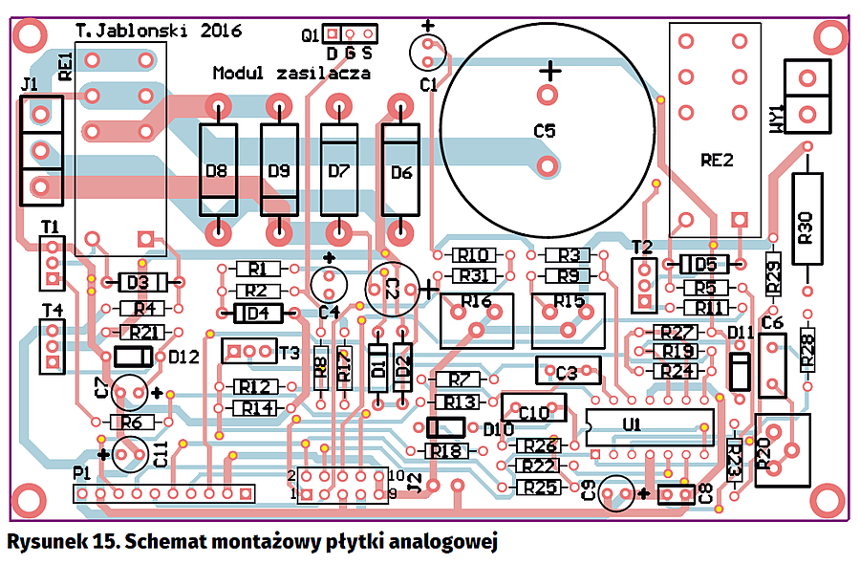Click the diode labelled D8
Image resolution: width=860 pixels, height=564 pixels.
(218, 172)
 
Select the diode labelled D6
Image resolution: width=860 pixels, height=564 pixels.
(401, 173)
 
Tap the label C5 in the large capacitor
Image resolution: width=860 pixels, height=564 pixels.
(544, 131)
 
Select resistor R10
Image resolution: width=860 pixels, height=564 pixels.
(473, 256)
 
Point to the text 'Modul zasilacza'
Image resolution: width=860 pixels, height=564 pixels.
(290, 74)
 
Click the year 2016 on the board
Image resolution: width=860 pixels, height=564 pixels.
(230, 32)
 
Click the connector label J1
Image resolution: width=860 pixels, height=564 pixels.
(30, 85)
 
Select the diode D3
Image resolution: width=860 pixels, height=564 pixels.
(139, 283)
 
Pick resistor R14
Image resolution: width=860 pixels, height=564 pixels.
(256, 408)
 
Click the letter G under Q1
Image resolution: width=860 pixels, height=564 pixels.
(350, 53)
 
